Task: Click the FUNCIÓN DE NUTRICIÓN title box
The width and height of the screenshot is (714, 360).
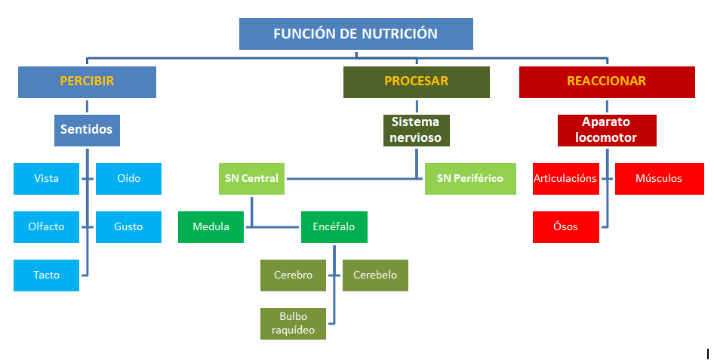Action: (355, 34)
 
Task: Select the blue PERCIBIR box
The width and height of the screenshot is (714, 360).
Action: (87, 82)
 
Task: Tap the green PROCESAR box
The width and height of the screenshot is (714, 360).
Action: (416, 82)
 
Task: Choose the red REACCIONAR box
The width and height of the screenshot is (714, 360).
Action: (606, 82)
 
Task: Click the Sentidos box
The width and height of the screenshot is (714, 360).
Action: (87, 130)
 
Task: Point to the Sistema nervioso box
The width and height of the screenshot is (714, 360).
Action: (416, 130)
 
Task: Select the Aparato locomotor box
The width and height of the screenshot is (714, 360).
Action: (606, 130)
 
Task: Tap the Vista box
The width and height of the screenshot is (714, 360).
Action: (46, 179)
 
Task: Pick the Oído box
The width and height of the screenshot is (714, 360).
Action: (128, 179)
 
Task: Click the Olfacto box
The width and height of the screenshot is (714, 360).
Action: (46, 226)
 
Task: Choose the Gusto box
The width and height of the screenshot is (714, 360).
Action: (128, 226)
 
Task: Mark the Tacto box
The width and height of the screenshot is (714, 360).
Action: (46, 275)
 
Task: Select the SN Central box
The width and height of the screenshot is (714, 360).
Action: (251, 179)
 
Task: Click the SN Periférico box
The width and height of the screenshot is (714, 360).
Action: (469, 179)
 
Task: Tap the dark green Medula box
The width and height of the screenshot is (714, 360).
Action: (211, 226)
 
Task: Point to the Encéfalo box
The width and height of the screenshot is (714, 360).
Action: (334, 226)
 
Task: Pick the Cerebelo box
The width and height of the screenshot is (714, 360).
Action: (375, 275)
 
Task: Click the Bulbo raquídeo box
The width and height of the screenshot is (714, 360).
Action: (293, 323)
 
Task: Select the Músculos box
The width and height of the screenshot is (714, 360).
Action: (658, 179)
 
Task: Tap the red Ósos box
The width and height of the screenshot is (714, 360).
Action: (565, 226)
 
